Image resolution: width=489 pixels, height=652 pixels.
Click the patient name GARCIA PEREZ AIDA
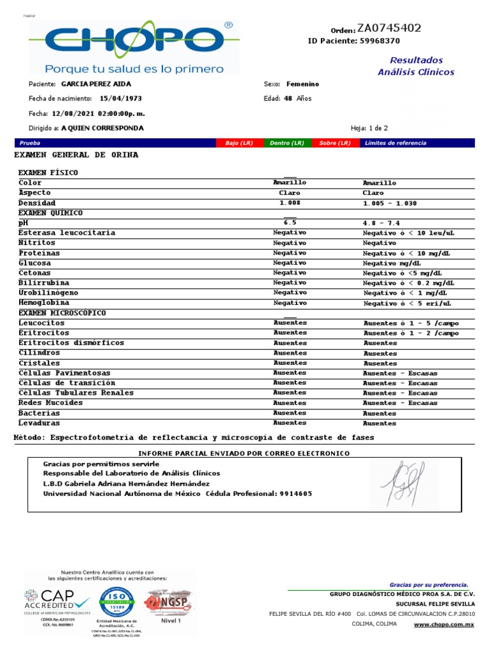point(97,84)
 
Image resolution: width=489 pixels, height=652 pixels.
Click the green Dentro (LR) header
point(287,143)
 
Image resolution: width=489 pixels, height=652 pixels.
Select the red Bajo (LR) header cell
point(239,143)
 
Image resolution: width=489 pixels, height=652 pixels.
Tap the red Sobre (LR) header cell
point(336,143)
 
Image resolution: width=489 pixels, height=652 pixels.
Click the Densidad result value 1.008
point(290,202)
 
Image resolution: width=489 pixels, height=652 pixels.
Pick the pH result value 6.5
point(290,223)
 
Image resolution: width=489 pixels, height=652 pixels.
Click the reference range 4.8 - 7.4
point(381,223)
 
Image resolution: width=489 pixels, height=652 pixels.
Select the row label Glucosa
point(35,263)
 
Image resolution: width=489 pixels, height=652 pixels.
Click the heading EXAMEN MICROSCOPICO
point(62,313)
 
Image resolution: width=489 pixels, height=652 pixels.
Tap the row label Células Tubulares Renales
point(67,393)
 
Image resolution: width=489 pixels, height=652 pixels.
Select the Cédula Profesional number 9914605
point(296,494)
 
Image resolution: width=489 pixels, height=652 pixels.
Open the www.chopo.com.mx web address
point(444,625)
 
